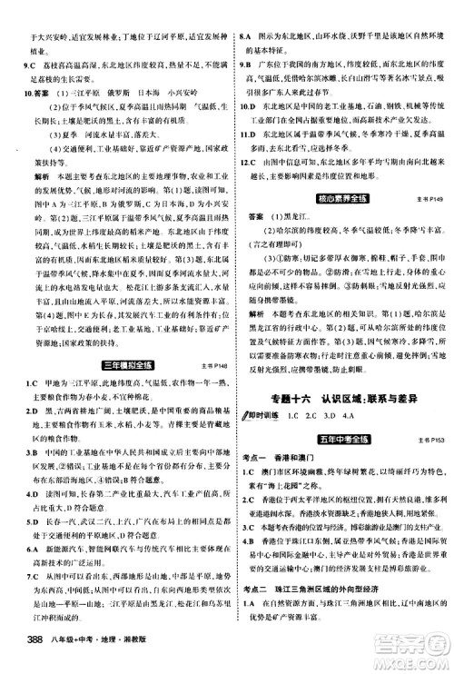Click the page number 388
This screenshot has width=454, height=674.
(x=21, y=657)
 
